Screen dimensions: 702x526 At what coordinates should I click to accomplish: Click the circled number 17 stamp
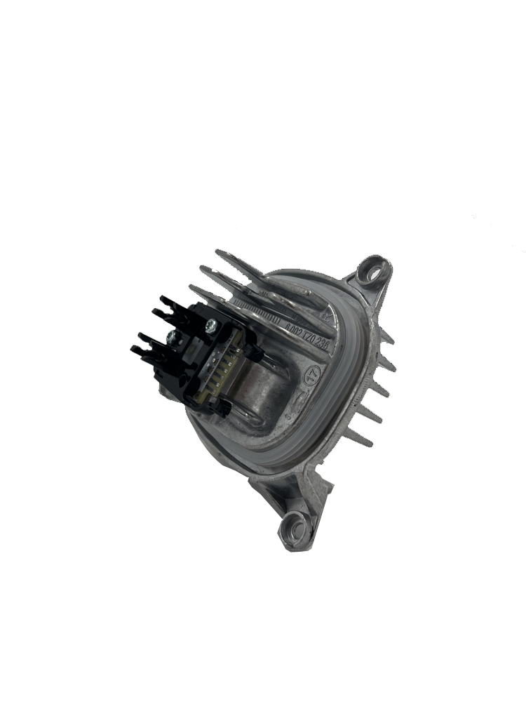[309, 369]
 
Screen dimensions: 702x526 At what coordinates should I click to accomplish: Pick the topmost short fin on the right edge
[388, 340]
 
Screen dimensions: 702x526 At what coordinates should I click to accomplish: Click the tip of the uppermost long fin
[218, 251]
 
